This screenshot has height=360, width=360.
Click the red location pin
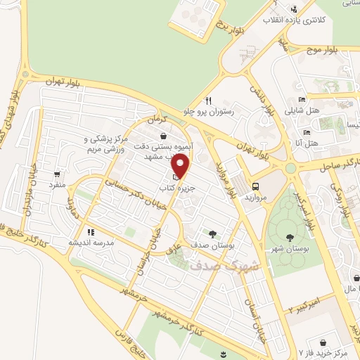point(181,167)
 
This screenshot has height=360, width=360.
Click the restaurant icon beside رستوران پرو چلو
point(209,100)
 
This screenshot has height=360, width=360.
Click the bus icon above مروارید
point(255,186)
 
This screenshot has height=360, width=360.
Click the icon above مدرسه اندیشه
point(90,231)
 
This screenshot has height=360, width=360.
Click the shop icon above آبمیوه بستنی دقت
point(163,136)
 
